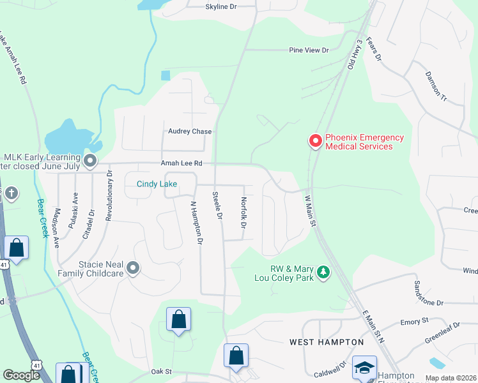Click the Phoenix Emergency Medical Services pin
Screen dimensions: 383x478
(x=315, y=140)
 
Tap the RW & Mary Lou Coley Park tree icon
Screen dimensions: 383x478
(x=324, y=273)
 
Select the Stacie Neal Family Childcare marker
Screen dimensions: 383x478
(x=133, y=267)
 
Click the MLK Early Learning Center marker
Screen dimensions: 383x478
(x=89, y=161)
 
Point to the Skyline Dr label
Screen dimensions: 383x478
(x=221, y=6)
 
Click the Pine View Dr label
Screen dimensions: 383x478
(x=309, y=50)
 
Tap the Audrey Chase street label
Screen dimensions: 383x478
(x=190, y=131)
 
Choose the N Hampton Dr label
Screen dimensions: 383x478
(x=196, y=223)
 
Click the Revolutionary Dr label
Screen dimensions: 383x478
(x=109, y=195)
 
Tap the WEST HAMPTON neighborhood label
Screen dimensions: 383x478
(x=327, y=342)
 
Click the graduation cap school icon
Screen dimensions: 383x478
(x=364, y=368)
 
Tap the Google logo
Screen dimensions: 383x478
(x=21, y=375)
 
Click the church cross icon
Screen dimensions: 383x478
(x=10, y=194)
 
